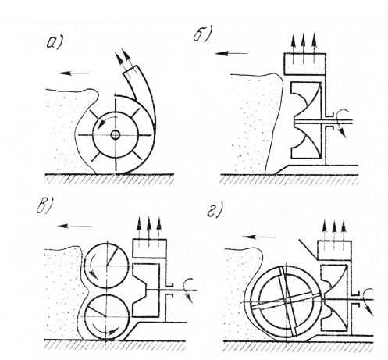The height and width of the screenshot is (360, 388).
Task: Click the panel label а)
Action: pos(54,43)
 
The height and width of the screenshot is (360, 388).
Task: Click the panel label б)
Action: pos(202,34)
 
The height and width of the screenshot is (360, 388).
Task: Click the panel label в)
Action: pos(44,207)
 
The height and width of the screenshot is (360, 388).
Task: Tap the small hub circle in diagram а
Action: pos(115,135)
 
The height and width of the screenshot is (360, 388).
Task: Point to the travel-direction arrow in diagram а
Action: pos(75,73)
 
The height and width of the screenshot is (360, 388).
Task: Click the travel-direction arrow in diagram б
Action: pos(231,53)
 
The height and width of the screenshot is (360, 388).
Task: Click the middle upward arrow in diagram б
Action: pos(303,48)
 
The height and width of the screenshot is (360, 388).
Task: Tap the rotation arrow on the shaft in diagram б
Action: pos(341,123)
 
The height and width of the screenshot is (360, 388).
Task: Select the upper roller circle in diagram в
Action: pos(107,266)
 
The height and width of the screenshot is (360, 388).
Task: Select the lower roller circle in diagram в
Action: pos(107,317)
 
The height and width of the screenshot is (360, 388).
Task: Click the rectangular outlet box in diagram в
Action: pos(150,248)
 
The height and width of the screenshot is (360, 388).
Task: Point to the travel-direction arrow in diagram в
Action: pos(74,226)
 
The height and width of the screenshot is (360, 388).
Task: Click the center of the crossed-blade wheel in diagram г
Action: pos(287,302)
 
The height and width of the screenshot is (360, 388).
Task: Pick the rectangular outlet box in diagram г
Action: pos(334,250)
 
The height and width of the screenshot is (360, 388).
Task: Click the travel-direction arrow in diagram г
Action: pos(258,237)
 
